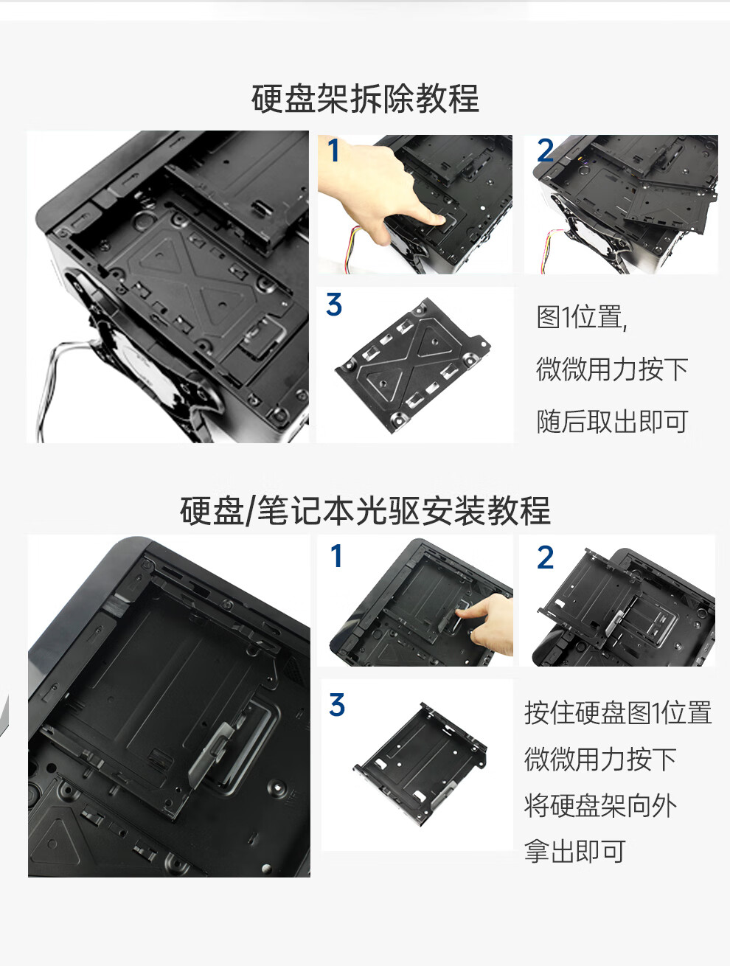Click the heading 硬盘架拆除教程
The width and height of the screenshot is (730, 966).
pos(365,99)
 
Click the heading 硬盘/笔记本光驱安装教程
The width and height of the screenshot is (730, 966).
pos(365,510)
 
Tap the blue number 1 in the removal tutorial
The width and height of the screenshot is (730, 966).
pos(333,150)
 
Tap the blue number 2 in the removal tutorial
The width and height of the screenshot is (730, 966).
pos(545,150)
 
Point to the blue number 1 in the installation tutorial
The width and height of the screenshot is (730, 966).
pos(337,555)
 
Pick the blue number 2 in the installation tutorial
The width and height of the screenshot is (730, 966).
pos(545,557)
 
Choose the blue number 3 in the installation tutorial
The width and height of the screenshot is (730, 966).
pos(337,704)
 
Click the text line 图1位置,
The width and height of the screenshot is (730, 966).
pos(581,317)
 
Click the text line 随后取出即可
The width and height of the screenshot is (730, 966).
pos(612,421)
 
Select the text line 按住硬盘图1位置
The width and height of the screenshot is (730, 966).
pos(618,712)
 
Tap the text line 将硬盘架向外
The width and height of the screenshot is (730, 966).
pos(600,805)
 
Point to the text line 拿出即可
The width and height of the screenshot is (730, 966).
pos(574,851)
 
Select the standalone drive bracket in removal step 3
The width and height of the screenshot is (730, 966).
pos(413,365)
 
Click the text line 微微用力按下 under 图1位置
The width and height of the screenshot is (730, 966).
pos(612,369)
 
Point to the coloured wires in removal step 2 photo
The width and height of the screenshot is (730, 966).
pos(549,251)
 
